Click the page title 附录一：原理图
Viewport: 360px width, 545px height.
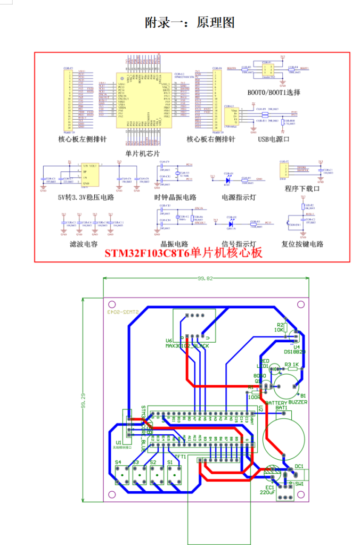pos(190,22)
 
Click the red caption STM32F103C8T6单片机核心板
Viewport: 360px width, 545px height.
pos(183,253)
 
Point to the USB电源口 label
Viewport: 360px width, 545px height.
pos(273,139)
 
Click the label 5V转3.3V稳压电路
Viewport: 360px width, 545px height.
pos(86,197)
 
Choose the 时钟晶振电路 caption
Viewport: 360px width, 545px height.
pos(175,197)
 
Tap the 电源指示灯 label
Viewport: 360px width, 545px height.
pos(239,197)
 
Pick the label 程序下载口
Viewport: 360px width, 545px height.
pos(302,188)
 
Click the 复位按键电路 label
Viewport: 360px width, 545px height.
pos(302,244)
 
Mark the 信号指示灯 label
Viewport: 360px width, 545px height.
pos(239,244)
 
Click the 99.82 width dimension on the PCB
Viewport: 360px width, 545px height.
pos(205,278)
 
